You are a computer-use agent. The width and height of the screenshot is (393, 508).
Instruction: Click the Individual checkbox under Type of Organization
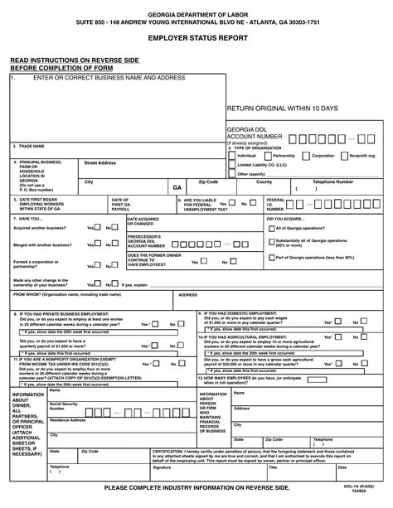(x=231, y=155)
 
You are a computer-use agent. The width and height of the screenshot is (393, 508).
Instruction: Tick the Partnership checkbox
(x=269, y=155)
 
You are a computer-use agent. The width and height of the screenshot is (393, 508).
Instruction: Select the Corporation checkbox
(x=306, y=155)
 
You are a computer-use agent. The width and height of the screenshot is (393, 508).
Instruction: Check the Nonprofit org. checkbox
(x=345, y=155)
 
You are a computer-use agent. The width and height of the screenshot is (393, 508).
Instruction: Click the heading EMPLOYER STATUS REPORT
(x=196, y=39)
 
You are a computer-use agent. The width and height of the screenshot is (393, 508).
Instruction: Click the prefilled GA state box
(x=177, y=188)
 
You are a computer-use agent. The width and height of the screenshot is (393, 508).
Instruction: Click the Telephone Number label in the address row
(x=332, y=181)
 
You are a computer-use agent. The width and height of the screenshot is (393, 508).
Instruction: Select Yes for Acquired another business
(x=90, y=227)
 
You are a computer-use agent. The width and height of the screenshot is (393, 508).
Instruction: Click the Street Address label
(x=100, y=162)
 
